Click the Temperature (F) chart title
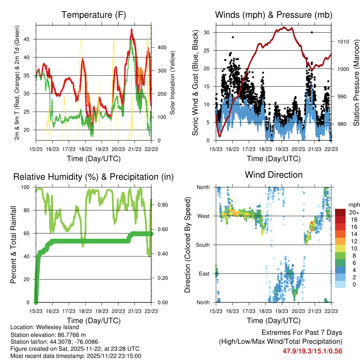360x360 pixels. (x=94, y=15)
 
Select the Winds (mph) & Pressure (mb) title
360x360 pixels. (x=274, y=15)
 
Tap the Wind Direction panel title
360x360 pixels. (x=274, y=174)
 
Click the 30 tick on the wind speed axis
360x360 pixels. (x=207, y=32)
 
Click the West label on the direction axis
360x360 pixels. (x=203, y=216)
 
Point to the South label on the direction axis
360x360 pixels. (x=202, y=245)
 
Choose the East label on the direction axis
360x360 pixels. (x=203, y=274)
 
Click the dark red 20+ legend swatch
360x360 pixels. (x=340, y=212)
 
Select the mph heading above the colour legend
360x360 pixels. (x=353, y=205)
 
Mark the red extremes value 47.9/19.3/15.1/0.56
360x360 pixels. (x=313, y=351)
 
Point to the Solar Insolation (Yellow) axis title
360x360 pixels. (x=172, y=83)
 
